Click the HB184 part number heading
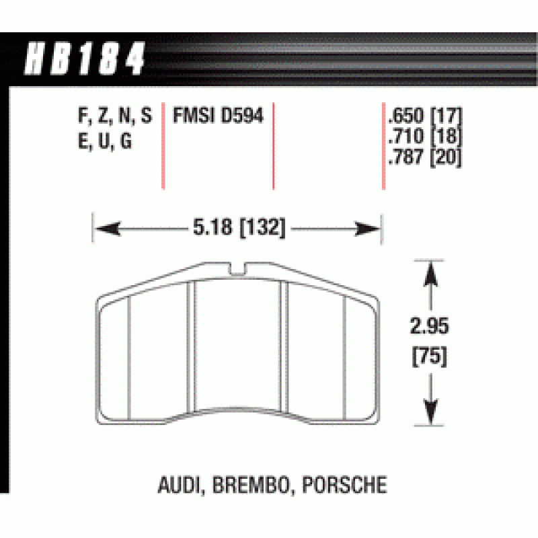pyautogui.click(x=85, y=58)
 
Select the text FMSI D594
pyautogui.click(x=218, y=115)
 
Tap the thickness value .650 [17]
pyautogui.click(x=425, y=116)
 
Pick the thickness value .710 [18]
pyautogui.click(x=425, y=136)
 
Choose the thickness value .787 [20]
pyautogui.click(x=425, y=157)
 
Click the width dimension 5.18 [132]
pyautogui.click(x=239, y=227)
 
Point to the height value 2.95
pyautogui.click(x=429, y=325)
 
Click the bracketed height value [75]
pyautogui.click(x=430, y=356)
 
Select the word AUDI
pyautogui.click(x=179, y=485)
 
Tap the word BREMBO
pyautogui.click(x=251, y=485)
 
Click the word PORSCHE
pyautogui.click(x=344, y=485)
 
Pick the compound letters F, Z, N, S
pyautogui.click(x=114, y=115)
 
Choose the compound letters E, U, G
pyautogui.click(x=105, y=141)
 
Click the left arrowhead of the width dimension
pyautogui.click(x=108, y=229)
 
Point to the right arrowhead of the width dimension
pyautogui.click(x=367, y=229)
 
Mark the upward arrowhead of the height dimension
pyautogui.click(x=430, y=274)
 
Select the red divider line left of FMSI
pyautogui.click(x=163, y=146)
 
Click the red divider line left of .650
pyautogui.click(x=383, y=146)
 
